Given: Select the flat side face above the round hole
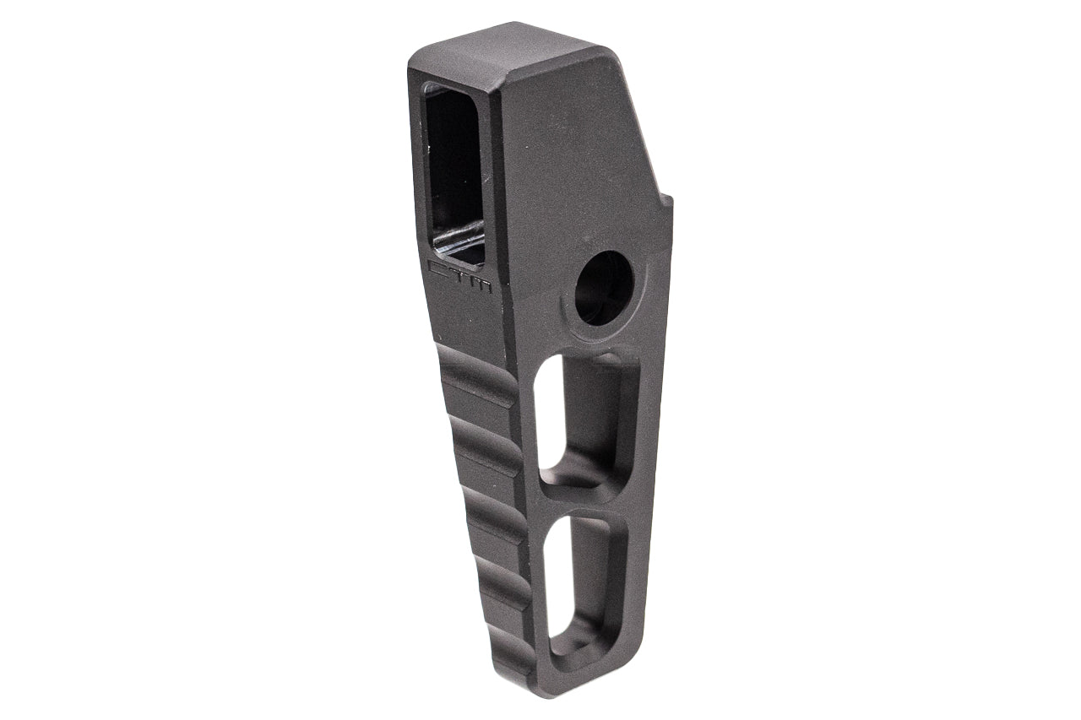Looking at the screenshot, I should tap(583, 169).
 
